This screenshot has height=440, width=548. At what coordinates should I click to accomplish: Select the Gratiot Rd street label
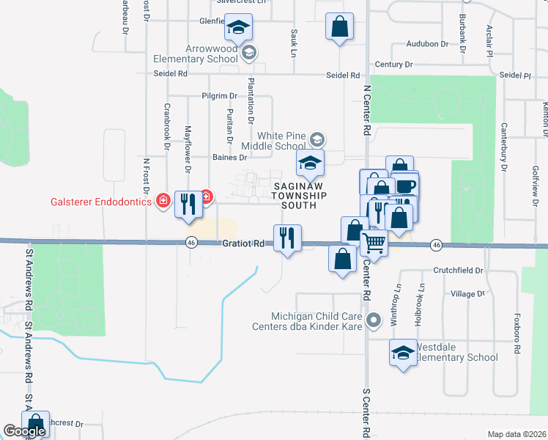coord(243,242)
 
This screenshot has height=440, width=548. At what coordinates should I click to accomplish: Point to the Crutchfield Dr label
coord(458,271)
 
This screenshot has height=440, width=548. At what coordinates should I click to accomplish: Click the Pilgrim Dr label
coord(220,96)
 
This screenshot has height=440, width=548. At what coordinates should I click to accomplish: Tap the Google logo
coord(24,431)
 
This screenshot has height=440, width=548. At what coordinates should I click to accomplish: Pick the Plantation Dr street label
coord(251,100)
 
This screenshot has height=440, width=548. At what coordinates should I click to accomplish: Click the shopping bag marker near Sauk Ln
coord(339,27)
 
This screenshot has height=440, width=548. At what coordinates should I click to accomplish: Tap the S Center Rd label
coord(364,411)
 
